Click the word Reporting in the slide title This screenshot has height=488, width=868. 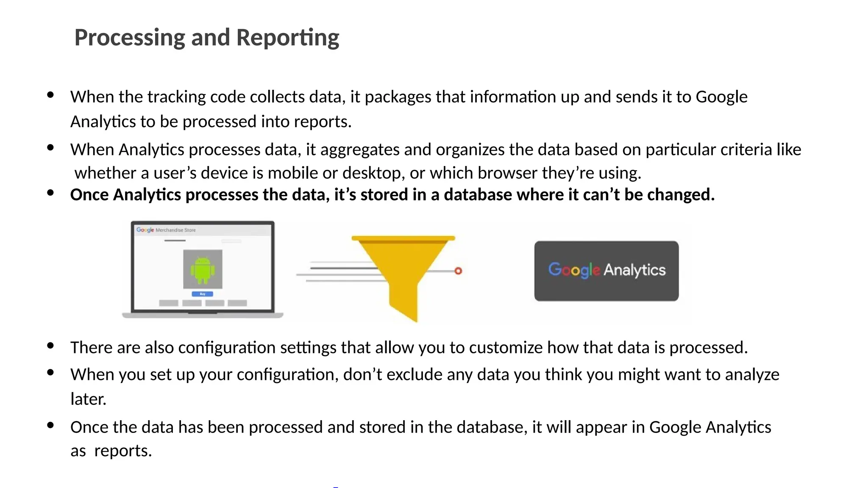pyautogui.click(x=288, y=38)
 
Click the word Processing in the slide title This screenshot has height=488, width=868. pyautogui.click(x=130, y=38)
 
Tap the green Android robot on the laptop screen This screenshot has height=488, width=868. pyautogui.click(x=203, y=270)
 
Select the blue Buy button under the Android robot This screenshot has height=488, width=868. pyautogui.click(x=203, y=294)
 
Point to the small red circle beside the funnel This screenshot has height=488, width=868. pyautogui.click(x=458, y=271)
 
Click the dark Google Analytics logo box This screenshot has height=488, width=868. pyautogui.click(x=606, y=271)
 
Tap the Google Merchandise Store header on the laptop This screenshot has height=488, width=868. pyautogui.click(x=166, y=230)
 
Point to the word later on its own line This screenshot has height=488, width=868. pyautogui.click(x=88, y=399)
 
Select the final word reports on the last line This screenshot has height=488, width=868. pyautogui.click(x=122, y=451)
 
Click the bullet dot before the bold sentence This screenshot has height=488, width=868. pyautogui.click(x=50, y=193)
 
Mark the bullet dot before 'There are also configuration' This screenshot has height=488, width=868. pyautogui.click(x=50, y=346)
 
